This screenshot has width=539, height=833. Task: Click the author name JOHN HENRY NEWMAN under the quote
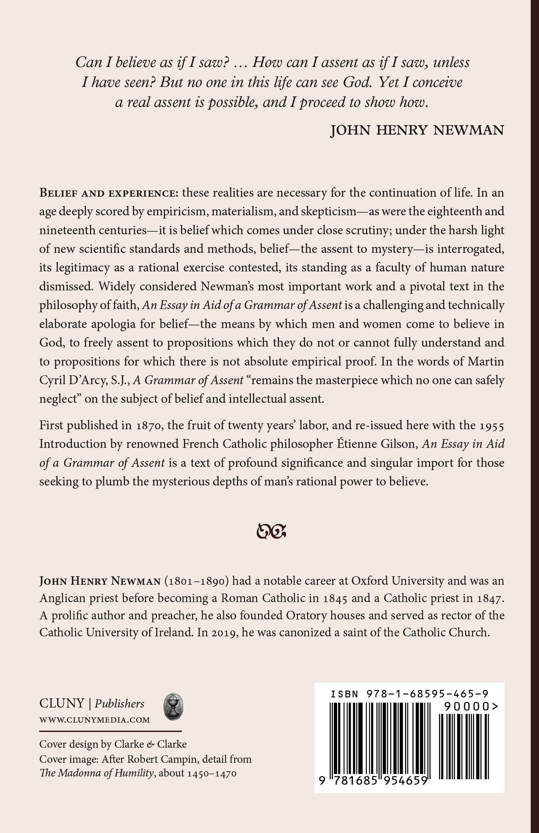(417, 130)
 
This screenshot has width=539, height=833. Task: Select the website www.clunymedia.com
(94, 720)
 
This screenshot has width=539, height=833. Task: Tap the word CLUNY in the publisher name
(62, 704)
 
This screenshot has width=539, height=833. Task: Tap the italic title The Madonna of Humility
(97, 773)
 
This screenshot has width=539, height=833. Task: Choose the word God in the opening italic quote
(356, 82)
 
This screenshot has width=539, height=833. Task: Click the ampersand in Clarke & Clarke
(150, 744)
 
